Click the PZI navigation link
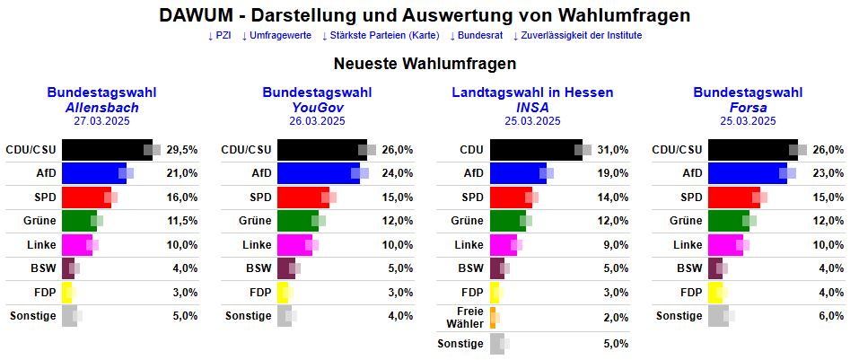pyautogui.click(x=219, y=36)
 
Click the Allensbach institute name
pyautogui.click(x=101, y=107)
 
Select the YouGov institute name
pyautogui.click(x=318, y=107)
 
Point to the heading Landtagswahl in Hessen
pyautogui.click(x=532, y=92)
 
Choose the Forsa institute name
pyautogui.click(x=748, y=107)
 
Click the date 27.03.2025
pyautogui.click(x=101, y=120)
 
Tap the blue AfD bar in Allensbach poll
pyautogui.click(x=93, y=173)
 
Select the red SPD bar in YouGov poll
pyautogui.click(x=302, y=198)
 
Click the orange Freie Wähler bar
pyautogui.click(x=493, y=317)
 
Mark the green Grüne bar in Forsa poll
pyautogui.click(x=728, y=221)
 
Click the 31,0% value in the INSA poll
pyautogui.click(x=613, y=150)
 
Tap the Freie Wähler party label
pyautogui.click(x=470, y=317)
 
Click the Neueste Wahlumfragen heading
pyautogui.click(x=425, y=64)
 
